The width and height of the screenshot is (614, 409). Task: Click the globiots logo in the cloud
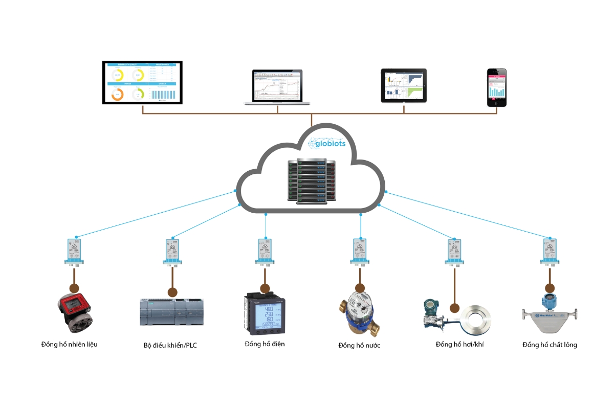point(327,143)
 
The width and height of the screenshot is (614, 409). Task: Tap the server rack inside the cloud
point(312,180)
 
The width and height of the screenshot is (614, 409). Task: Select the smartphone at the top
point(496,87)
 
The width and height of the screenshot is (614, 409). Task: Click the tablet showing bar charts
point(404,85)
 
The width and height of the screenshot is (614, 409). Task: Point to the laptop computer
point(277,87)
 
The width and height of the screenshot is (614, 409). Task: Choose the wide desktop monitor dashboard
point(142,82)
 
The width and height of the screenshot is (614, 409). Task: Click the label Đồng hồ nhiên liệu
point(70,344)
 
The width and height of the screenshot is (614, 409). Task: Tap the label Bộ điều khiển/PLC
point(170,345)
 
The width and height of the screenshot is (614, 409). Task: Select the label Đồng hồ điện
point(265,344)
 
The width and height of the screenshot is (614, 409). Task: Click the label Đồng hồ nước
point(359,345)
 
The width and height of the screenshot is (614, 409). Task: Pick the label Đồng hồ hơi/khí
point(459,344)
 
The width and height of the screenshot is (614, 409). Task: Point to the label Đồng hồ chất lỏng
point(550,345)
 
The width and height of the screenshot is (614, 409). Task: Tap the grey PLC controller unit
point(172,312)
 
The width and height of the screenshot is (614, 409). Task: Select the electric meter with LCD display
point(265,311)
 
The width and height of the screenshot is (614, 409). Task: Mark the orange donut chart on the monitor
point(118,94)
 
